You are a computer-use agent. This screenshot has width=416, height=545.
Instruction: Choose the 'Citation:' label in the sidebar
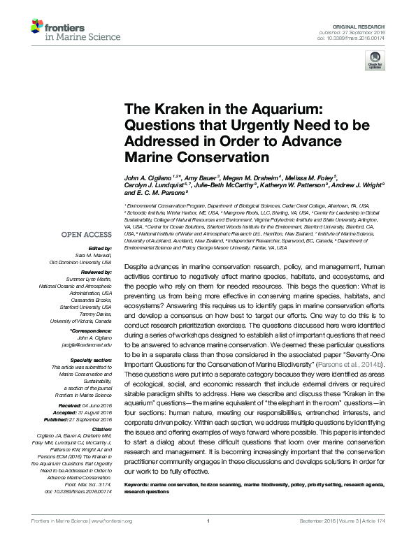pos(100,430)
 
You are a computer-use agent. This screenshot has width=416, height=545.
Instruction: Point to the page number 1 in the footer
pos(208,539)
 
